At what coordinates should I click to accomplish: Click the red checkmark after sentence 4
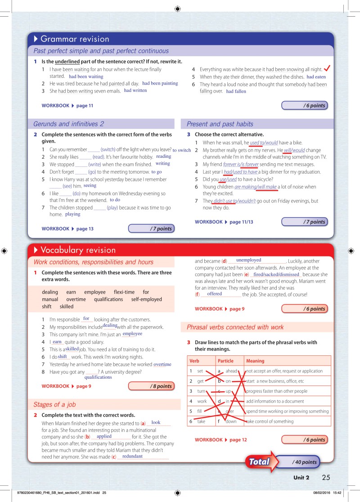click(x=328, y=68)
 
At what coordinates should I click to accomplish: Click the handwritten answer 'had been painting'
click(x=160, y=83)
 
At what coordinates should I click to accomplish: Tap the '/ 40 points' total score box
click(x=305, y=462)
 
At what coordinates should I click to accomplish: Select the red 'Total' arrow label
click(x=260, y=462)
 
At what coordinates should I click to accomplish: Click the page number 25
click(x=327, y=477)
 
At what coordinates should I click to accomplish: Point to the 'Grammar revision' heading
click(x=75, y=39)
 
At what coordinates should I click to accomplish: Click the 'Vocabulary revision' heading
click(x=78, y=250)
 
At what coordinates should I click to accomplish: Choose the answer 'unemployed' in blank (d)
click(x=248, y=260)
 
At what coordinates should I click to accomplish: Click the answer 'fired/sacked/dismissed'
click(x=276, y=274)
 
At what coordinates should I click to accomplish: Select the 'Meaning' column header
click(x=255, y=361)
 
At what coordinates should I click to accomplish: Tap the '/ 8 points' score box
click(x=152, y=386)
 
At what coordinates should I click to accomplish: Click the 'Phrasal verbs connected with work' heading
click(x=235, y=327)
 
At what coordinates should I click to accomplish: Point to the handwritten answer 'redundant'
click(x=132, y=456)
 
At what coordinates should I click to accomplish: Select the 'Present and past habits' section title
click(x=220, y=124)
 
